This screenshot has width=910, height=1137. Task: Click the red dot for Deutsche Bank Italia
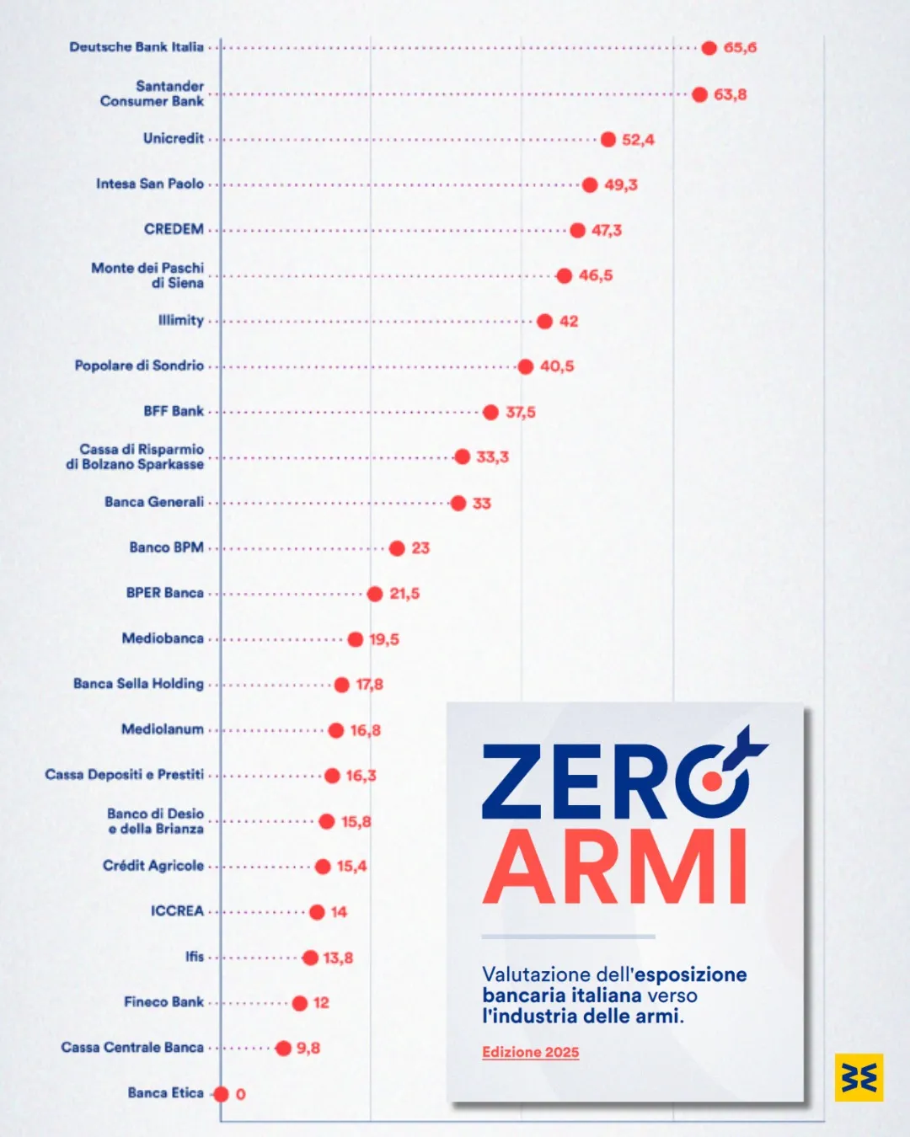tap(709, 48)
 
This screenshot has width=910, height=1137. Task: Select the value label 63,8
tap(731, 94)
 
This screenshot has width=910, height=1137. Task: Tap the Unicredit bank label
tap(174, 138)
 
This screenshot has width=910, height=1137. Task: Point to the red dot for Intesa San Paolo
tap(590, 185)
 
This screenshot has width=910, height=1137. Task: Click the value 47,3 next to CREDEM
tap(607, 231)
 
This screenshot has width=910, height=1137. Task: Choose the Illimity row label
tap(181, 321)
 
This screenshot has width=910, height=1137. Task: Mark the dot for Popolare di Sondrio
tap(526, 366)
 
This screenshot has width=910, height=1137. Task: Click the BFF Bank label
tap(174, 411)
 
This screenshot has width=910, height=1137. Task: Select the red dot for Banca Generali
tap(458, 503)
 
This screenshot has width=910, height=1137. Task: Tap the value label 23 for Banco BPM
tap(420, 548)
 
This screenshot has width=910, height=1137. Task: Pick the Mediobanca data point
tap(356, 639)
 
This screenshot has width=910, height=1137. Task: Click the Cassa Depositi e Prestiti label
tap(124, 775)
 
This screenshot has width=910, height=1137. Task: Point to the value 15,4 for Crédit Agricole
tap(351, 866)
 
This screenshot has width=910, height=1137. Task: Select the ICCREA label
tap(177, 911)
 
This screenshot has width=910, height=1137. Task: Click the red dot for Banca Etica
tap(221, 1094)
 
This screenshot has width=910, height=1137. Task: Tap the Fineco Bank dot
tap(300, 1003)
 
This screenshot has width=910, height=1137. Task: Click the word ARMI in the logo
tap(614, 866)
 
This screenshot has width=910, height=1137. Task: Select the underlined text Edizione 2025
tap(530, 1052)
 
